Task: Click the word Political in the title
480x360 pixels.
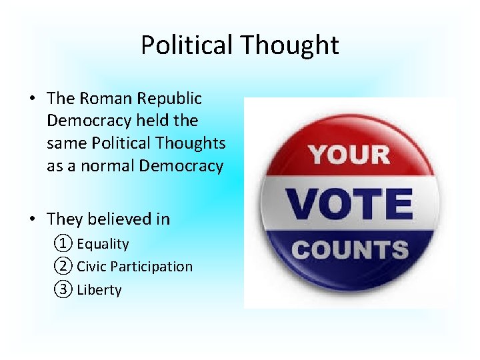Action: (187, 45)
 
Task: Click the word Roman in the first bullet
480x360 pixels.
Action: (107, 99)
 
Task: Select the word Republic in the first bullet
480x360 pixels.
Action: (170, 99)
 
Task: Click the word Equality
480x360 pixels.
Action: (103, 245)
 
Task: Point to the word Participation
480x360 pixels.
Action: (151, 267)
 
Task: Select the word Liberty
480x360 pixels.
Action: (99, 290)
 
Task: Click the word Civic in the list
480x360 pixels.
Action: (92, 267)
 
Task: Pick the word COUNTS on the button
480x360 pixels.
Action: (349, 250)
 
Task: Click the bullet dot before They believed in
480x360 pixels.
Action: (32, 219)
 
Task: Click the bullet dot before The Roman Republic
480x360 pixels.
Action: (32, 99)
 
